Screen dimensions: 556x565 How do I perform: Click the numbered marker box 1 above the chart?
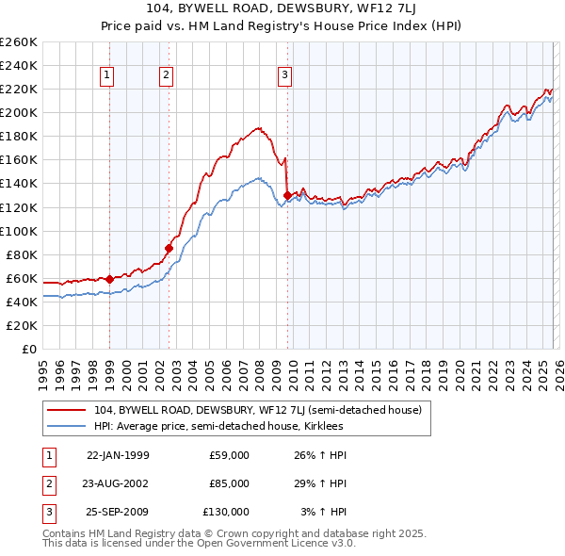[x=107, y=76]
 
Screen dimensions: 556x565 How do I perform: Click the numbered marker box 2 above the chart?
[x=166, y=76]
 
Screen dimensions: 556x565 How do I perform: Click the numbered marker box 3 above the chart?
[x=283, y=76]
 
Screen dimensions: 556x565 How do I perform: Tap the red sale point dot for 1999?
[x=109, y=279]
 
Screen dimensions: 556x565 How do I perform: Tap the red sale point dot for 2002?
[x=169, y=248]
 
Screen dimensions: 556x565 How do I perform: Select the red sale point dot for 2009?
[x=287, y=195]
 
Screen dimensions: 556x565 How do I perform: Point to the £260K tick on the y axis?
[x=18, y=42]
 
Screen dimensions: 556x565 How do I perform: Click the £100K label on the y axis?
[x=18, y=231]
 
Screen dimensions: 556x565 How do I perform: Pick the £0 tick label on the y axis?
[x=27, y=349]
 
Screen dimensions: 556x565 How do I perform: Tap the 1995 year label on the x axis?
[x=43, y=368]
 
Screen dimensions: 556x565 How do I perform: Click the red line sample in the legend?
[x=66, y=410]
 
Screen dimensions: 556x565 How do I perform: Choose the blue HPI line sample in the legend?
[x=66, y=426]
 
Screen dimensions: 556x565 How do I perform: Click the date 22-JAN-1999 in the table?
[x=118, y=455]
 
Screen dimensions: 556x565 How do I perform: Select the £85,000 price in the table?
[x=229, y=483]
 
